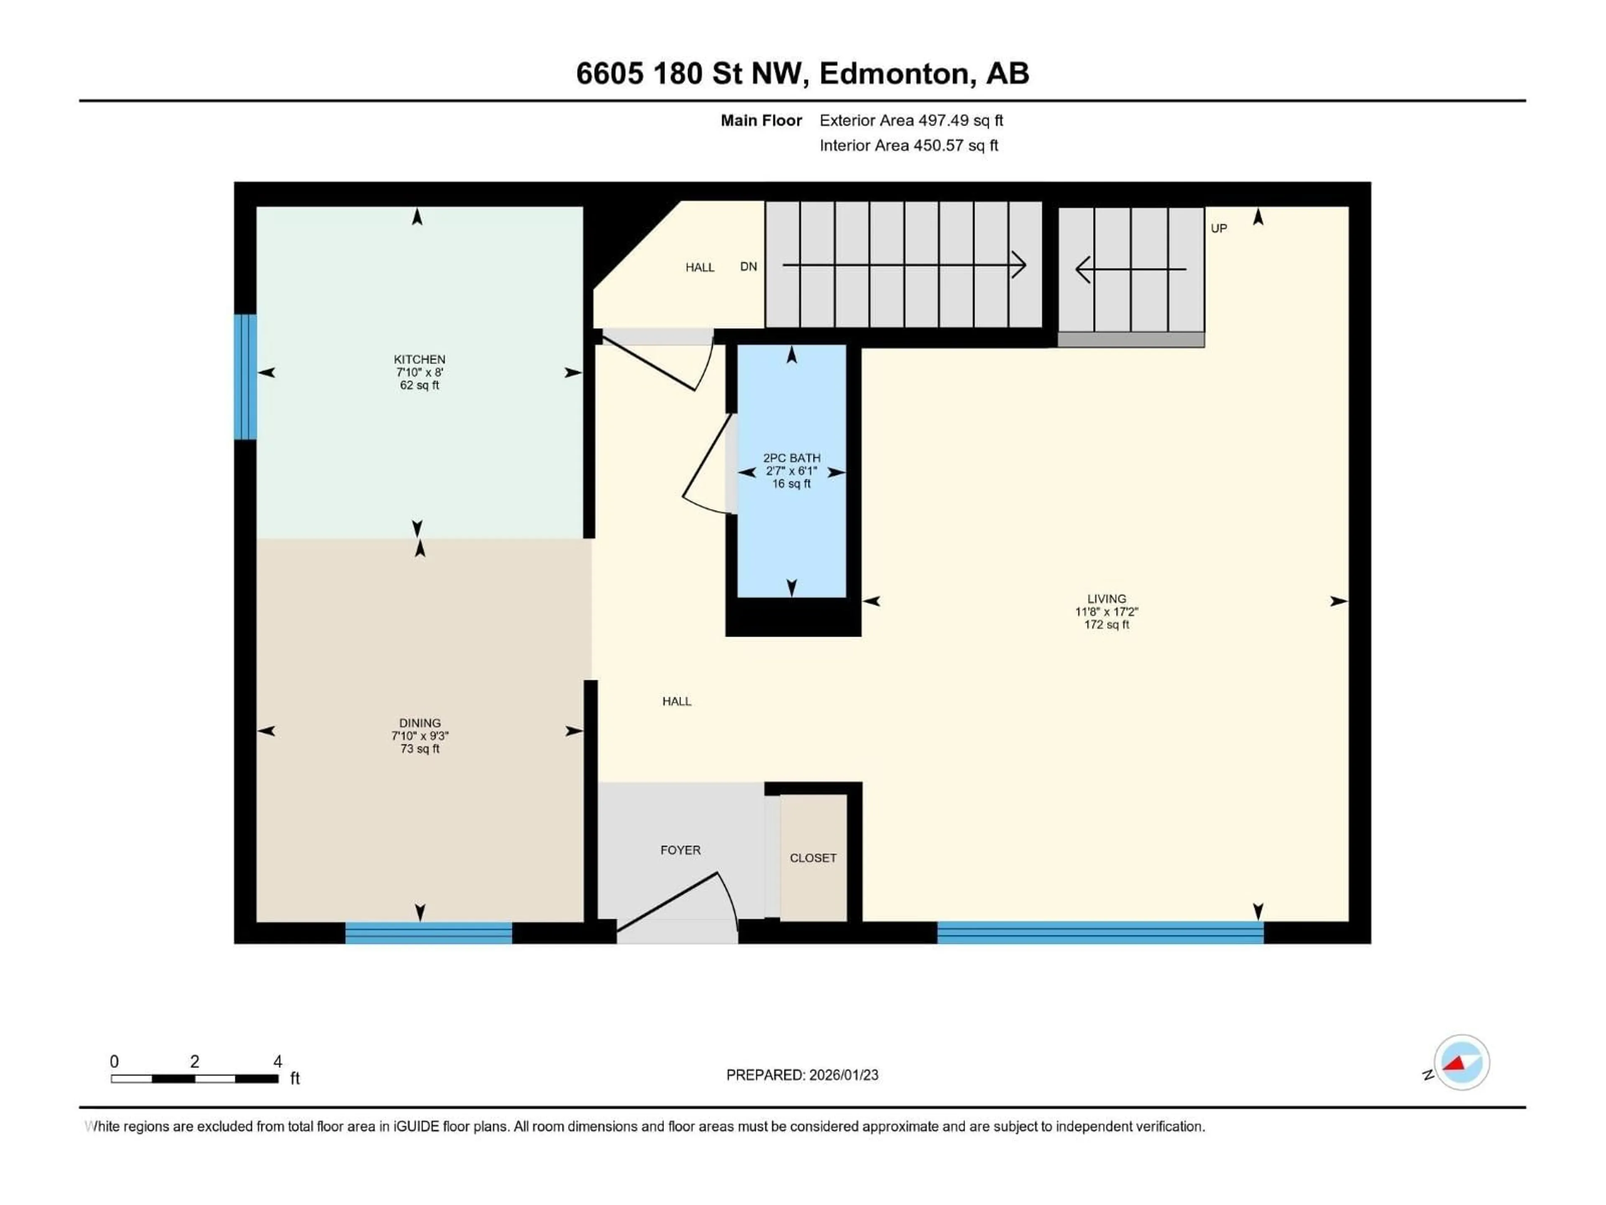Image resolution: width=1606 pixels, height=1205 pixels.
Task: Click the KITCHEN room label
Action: point(419,359)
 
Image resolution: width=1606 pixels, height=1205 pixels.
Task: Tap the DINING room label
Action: point(419,723)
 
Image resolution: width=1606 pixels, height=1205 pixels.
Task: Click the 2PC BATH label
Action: point(791,458)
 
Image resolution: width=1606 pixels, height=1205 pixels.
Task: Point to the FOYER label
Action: point(680,850)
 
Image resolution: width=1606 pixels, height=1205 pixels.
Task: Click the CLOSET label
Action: point(813,858)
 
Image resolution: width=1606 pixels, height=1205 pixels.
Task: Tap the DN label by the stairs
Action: point(749,267)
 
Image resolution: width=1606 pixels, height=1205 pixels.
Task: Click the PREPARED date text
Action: point(802,1075)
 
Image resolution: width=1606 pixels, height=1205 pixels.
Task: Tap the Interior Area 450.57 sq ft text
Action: point(908,145)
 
